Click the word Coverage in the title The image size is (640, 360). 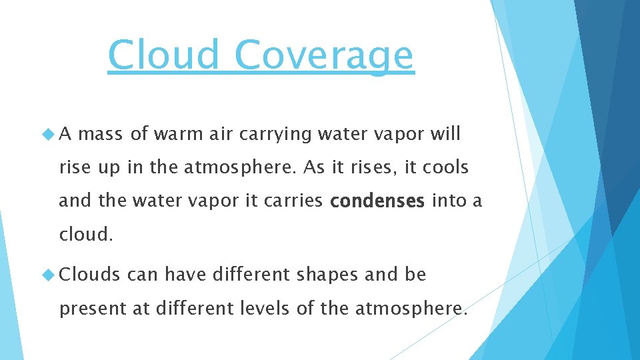(x=324, y=55)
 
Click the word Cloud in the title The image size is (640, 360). (x=163, y=55)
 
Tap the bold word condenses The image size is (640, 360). (x=377, y=201)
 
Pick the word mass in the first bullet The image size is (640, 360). (x=100, y=134)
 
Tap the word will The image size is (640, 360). (x=445, y=134)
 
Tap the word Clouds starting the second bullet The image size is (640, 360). (x=90, y=275)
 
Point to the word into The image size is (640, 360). (x=448, y=201)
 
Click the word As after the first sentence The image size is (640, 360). (x=314, y=167)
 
